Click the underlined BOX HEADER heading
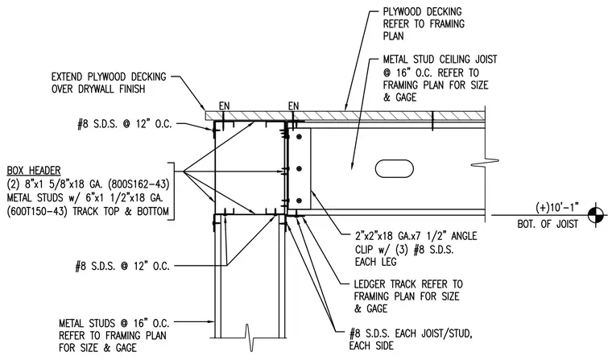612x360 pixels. click(x=34, y=171)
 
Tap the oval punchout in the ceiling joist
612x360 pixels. click(x=395, y=168)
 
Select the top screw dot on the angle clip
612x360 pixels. click(x=300, y=137)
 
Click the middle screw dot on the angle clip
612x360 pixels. click(x=300, y=168)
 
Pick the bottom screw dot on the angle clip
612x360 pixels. click(x=300, y=201)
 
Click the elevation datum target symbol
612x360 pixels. click(x=596, y=215)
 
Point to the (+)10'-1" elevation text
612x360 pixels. click(x=557, y=207)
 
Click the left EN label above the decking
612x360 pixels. click(x=224, y=106)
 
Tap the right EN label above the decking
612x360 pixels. click(x=293, y=106)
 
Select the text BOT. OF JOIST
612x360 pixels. click(x=548, y=224)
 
